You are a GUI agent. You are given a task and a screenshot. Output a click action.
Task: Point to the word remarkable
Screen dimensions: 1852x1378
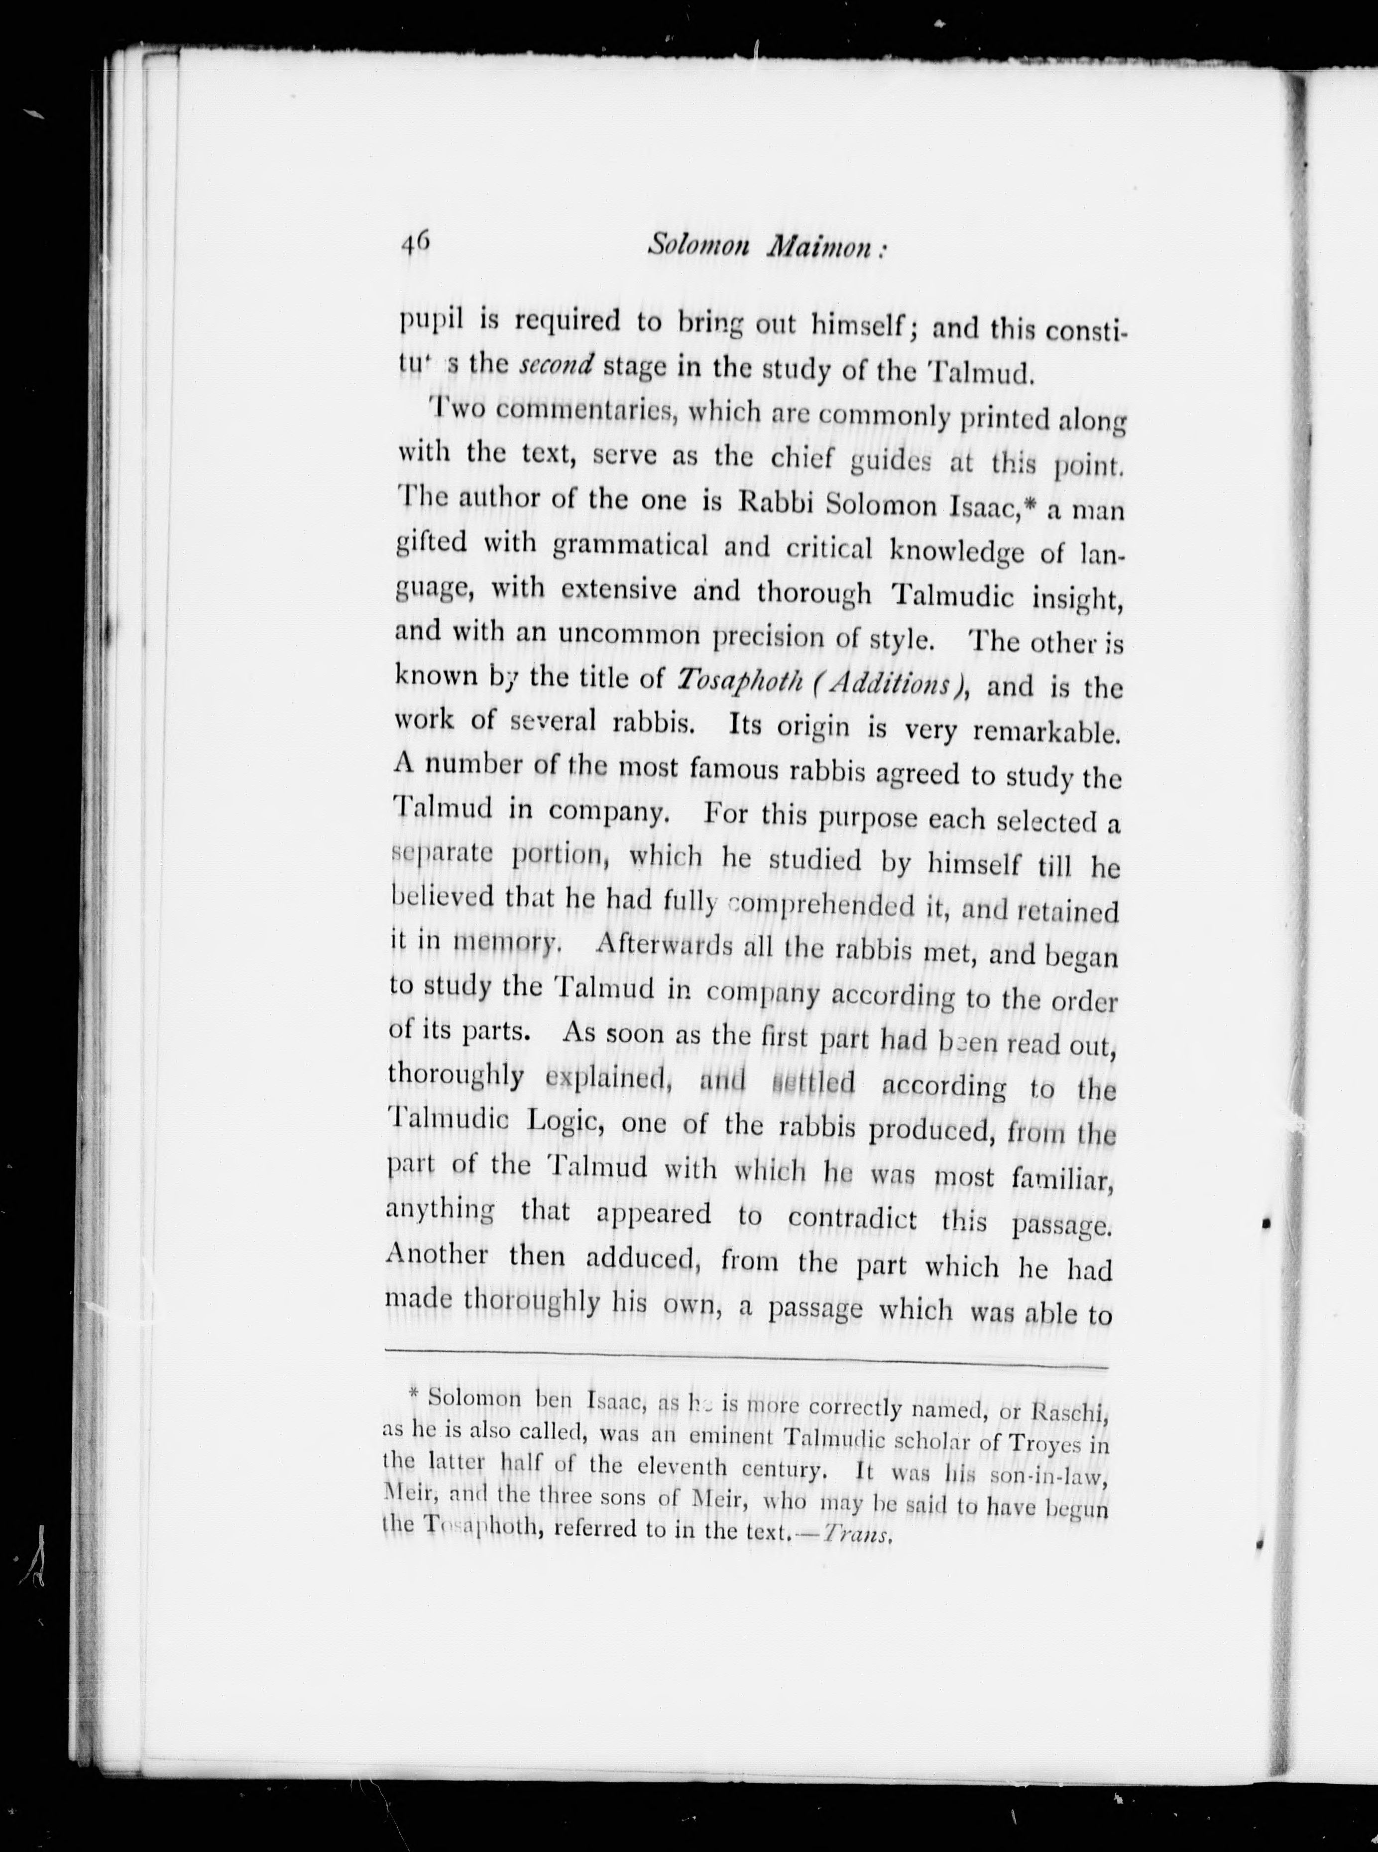(1046, 732)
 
